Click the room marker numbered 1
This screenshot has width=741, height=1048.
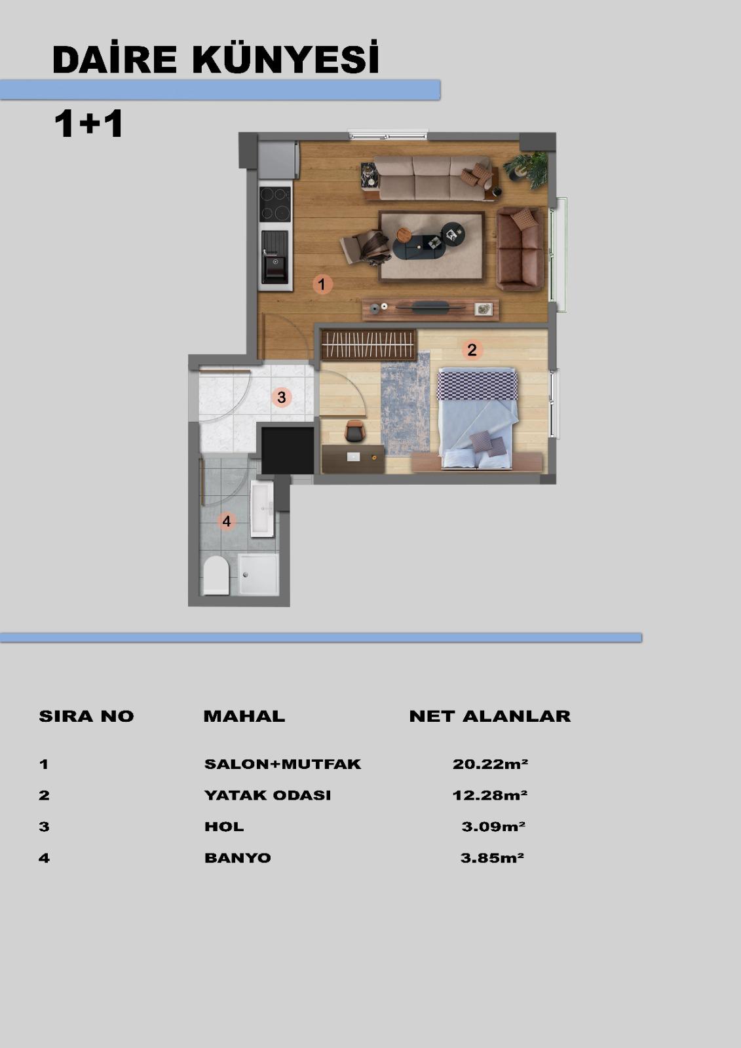tap(322, 284)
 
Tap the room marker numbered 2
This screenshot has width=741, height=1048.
tap(472, 350)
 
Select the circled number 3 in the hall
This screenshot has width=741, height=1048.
tap(281, 397)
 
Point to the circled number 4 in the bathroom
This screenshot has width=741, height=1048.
tap(227, 521)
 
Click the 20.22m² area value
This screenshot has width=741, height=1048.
tap(490, 764)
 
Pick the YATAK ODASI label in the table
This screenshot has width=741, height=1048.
tap(268, 795)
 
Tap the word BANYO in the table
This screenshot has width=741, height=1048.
tap(238, 857)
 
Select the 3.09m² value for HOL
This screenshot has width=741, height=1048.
tap(493, 826)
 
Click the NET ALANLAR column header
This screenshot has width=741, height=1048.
tap(490, 716)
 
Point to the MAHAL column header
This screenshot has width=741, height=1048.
tap(244, 716)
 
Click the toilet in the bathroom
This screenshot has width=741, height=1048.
tap(216, 575)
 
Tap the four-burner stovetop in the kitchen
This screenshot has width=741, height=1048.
tap(275, 204)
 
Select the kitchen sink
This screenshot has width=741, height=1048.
tap(275, 257)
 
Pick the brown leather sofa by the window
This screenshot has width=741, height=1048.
tap(520, 248)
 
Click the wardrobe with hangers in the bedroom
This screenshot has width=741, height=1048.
tap(368, 345)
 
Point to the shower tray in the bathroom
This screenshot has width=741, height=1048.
tap(258, 574)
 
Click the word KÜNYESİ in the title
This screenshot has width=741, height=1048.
tap(286, 59)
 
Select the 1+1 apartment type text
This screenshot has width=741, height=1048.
tap(88, 124)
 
